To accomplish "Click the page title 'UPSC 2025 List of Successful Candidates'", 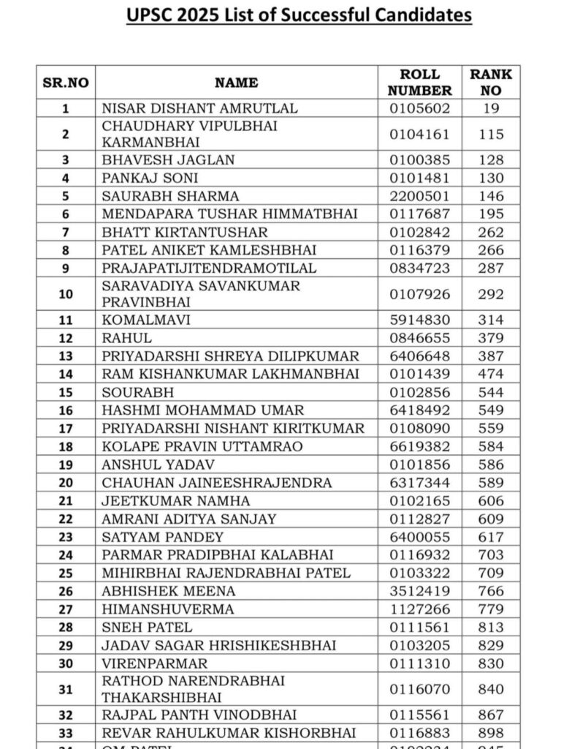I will (299, 15).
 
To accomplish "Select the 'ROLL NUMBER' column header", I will (419, 83).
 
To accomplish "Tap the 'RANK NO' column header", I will (491, 83).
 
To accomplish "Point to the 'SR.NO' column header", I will (66, 83).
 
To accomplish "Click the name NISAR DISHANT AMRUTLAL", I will (200, 108).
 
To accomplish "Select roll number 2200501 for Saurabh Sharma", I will (419, 196).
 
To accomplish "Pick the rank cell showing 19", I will (491, 108).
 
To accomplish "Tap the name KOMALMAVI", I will (143, 320).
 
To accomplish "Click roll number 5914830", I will (419, 320).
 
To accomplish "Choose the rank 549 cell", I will (491, 410).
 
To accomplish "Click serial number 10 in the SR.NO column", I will (66, 294).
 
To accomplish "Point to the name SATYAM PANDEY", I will (153, 537).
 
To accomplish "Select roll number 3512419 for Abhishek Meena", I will (419, 591).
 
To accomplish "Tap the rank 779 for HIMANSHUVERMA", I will (491, 609).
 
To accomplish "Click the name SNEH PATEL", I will (148, 627).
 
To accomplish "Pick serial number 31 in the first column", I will (66, 690).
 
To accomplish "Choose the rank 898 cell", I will (491, 733).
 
